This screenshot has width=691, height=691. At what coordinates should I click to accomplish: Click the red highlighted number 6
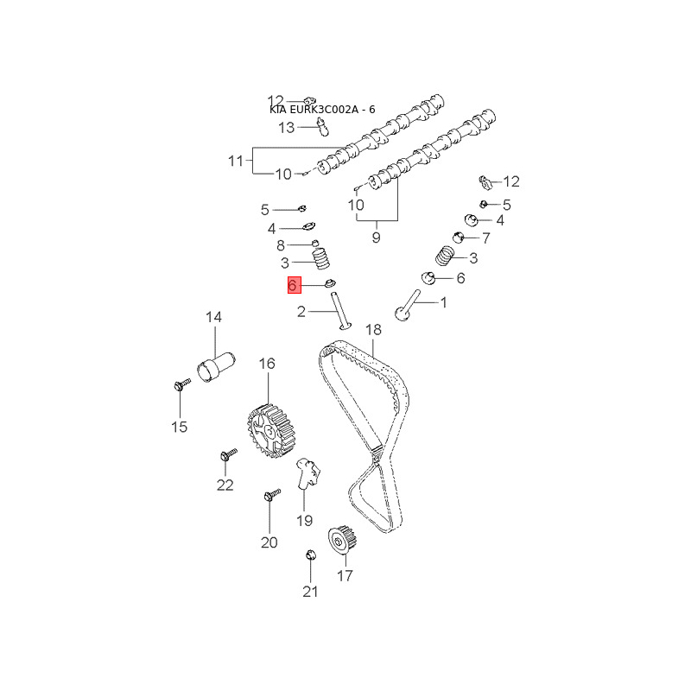[x=294, y=285]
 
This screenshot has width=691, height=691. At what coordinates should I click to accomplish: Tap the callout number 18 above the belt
[x=373, y=329]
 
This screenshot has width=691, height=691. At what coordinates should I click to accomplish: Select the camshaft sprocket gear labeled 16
[x=269, y=432]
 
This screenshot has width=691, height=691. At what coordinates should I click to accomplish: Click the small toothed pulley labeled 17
[x=342, y=541]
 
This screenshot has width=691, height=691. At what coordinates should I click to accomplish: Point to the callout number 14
[x=213, y=317]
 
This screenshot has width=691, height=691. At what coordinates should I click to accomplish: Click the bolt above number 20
[x=271, y=494]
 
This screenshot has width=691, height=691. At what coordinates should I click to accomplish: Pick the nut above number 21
[x=311, y=555]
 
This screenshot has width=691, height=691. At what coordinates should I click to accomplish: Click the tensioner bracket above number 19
[x=307, y=472]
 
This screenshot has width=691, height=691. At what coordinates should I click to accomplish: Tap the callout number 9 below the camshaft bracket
[x=376, y=238]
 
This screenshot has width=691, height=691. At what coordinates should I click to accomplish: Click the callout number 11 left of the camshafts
[x=236, y=161]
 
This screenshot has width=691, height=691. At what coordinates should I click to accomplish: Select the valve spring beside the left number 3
[x=320, y=258]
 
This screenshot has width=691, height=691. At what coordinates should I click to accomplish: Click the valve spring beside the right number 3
[x=445, y=256]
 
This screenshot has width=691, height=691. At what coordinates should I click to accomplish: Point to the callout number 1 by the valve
[x=444, y=302]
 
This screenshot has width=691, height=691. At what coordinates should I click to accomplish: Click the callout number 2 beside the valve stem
[x=301, y=312]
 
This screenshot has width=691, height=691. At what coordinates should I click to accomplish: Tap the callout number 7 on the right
[x=486, y=238]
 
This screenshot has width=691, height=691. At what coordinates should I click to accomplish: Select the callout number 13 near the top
[x=286, y=128]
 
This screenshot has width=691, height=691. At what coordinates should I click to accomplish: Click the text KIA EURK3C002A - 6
[x=322, y=110]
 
